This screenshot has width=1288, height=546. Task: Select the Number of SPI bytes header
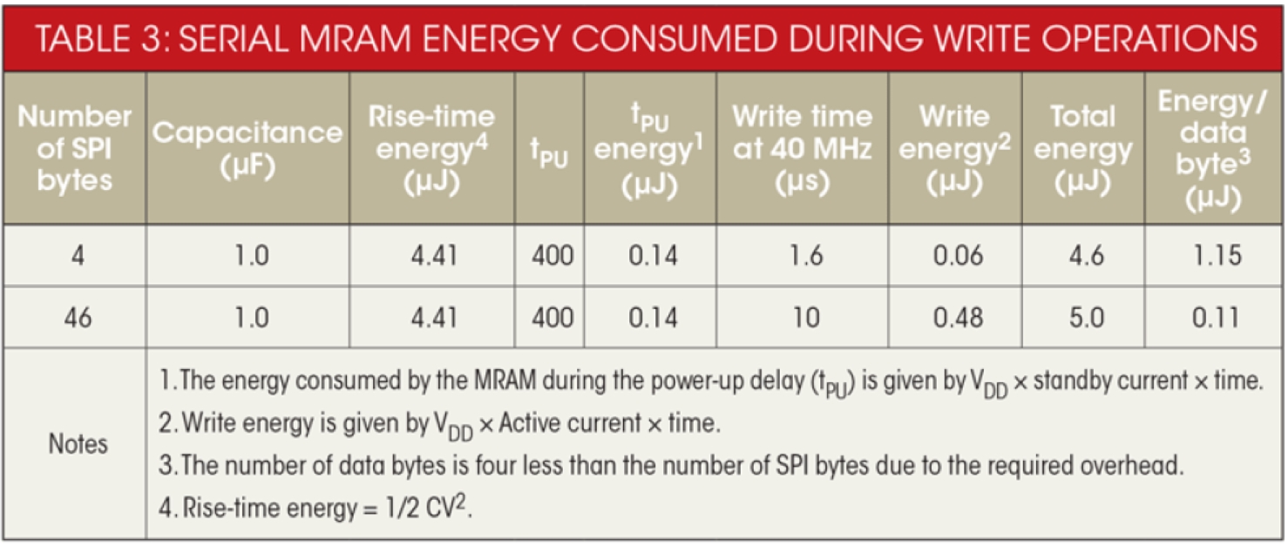click(x=75, y=148)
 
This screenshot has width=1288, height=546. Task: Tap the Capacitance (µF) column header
click(x=248, y=148)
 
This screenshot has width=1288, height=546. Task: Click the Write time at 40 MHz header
click(x=802, y=148)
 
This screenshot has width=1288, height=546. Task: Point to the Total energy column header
click(x=1082, y=148)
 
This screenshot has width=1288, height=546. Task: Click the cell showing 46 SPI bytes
click(x=77, y=318)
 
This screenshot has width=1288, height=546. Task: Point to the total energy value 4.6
click(x=1084, y=256)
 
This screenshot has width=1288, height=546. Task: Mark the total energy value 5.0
click(x=1084, y=318)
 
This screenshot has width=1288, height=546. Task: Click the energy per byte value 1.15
click(x=1215, y=256)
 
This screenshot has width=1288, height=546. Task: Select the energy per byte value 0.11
click(x=1215, y=318)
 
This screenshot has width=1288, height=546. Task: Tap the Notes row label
click(x=78, y=444)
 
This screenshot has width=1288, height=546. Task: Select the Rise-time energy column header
click(x=431, y=148)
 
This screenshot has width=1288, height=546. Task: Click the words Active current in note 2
click(x=570, y=424)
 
